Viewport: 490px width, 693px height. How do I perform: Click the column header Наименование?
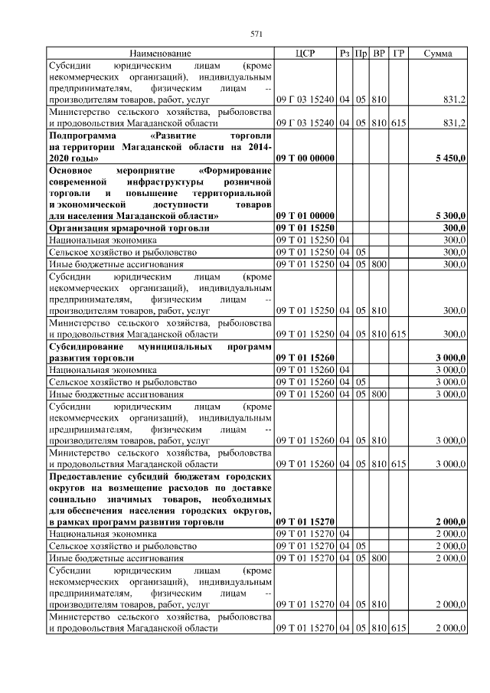click(159, 54)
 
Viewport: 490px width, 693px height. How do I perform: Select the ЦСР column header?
click(305, 54)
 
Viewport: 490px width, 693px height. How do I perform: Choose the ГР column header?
click(398, 54)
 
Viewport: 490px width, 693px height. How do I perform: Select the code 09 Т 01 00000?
click(305, 217)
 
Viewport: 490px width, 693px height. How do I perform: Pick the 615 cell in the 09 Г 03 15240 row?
click(398, 123)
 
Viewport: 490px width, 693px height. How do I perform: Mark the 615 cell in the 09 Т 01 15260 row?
click(398, 463)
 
